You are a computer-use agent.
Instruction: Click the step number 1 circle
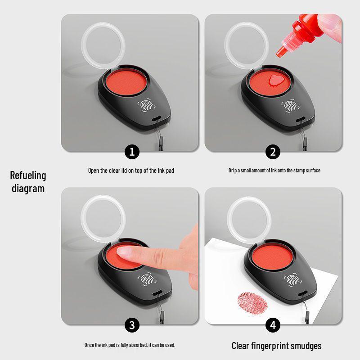[x=132, y=152]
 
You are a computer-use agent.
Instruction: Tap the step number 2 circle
[x=272, y=152]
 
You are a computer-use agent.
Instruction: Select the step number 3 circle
[x=132, y=325]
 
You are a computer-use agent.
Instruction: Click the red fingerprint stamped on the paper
[x=252, y=303]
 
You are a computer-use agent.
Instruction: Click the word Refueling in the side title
[x=28, y=175]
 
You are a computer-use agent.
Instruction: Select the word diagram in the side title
[x=28, y=188]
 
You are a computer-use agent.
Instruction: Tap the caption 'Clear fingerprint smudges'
[x=276, y=346]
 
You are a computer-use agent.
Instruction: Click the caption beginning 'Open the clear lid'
[x=131, y=171]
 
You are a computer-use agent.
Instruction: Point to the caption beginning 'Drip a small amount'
[x=274, y=171]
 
